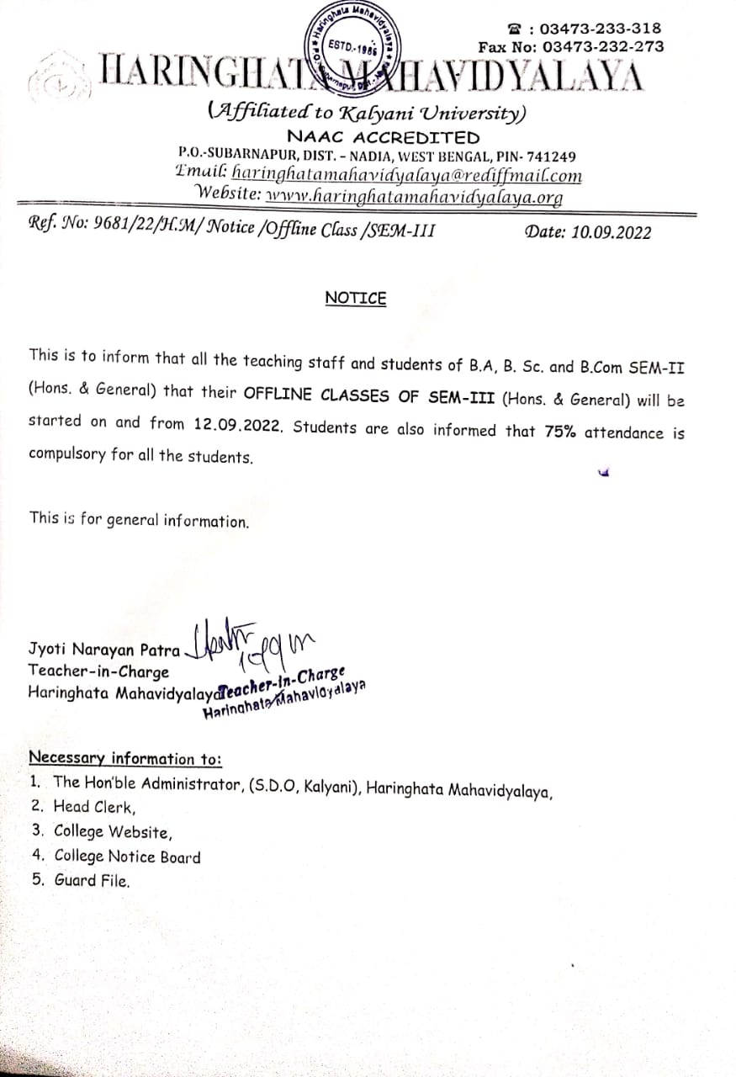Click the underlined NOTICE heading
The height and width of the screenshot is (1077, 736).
[356, 299]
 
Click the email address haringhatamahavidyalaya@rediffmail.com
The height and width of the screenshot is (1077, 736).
[406, 175]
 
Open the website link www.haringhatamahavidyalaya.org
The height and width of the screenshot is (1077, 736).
[413, 196]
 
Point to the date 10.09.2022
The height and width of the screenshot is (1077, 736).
[611, 233]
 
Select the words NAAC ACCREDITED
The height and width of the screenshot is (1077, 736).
[383, 137]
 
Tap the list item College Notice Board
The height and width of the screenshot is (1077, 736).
[127, 857]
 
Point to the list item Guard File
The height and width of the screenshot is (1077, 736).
[93, 881]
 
